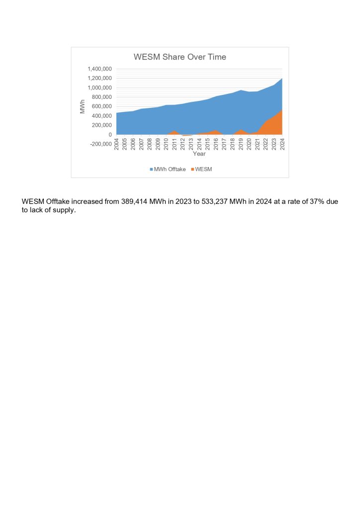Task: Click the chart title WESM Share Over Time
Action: click(180, 57)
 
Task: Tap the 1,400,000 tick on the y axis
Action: click(99, 69)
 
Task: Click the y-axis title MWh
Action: click(83, 106)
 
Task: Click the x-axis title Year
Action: click(199, 154)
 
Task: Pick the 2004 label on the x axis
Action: click(116, 144)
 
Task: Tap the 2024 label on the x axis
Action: click(282, 144)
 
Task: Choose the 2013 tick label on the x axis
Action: click(191, 144)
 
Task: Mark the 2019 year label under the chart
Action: click(241, 144)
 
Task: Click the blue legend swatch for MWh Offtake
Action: click(152, 170)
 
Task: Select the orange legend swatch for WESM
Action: click(192, 170)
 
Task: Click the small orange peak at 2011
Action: click(175, 132)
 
